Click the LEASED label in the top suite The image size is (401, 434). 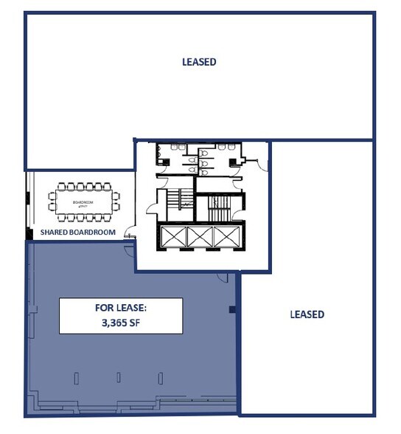(x=199, y=62)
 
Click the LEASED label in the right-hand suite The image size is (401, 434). (x=307, y=314)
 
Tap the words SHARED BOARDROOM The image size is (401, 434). (x=78, y=232)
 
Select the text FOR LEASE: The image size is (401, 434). (x=121, y=309)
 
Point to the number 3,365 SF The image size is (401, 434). (x=121, y=323)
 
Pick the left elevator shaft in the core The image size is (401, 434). (x=173, y=238)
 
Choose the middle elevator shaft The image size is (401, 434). (x=199, y=238)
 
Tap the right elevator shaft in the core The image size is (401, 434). (x=224, y=238)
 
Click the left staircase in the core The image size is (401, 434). (x=170, y=201)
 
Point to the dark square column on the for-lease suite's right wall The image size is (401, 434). (x=232, y=310)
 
